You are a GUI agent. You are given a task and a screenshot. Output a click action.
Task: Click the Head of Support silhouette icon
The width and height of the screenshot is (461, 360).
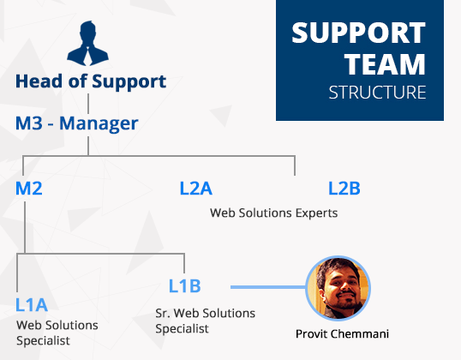[x=87, y=43]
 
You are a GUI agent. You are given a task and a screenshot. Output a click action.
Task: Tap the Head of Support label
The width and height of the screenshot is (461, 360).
[x=91, y=81]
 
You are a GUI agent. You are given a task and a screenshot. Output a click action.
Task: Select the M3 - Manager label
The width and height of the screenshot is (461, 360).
[x=77, y=123]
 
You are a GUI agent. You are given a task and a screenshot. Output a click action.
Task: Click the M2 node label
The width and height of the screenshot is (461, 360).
[x=29, y=189]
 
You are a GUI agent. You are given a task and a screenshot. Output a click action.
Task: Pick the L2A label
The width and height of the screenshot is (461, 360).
[x=196, y=189]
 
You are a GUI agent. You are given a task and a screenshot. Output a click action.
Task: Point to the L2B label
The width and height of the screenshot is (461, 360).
[x=344, y=189]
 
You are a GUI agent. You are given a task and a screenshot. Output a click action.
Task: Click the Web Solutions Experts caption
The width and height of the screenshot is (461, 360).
[x=273, y=213]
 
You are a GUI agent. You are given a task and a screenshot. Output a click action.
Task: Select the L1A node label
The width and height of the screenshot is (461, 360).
[x=32, y=304]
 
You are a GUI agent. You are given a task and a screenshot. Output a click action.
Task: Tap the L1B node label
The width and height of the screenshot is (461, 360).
[x=184, y=286]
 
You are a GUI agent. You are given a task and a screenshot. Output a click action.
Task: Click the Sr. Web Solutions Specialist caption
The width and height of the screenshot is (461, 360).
[x=205, y=321]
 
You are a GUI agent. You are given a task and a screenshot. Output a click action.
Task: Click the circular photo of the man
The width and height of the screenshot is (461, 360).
[x=338, y=288]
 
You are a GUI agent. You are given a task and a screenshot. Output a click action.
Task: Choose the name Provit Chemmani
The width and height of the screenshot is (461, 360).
[x=342, y=334]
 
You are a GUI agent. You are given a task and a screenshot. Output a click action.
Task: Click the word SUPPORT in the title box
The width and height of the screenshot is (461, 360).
[x=358, y=33]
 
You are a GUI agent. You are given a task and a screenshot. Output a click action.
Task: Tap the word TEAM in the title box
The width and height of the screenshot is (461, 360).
[x=385, y=64]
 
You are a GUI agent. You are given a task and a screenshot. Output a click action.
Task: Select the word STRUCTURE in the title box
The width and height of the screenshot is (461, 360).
[x=377, y=93]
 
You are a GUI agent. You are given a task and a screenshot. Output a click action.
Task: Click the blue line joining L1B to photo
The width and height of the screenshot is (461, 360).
[x=268, y=287]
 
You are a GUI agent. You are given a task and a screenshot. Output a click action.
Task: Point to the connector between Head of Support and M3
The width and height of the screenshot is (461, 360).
[x=88, y=104]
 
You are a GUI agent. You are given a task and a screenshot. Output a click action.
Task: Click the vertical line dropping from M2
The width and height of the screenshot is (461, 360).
[x=25, y=227]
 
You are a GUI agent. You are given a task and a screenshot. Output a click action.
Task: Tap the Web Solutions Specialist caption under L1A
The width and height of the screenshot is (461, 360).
[x=57, y=333]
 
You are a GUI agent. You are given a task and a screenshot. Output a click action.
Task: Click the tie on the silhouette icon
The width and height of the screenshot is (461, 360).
[x=87, y=56]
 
